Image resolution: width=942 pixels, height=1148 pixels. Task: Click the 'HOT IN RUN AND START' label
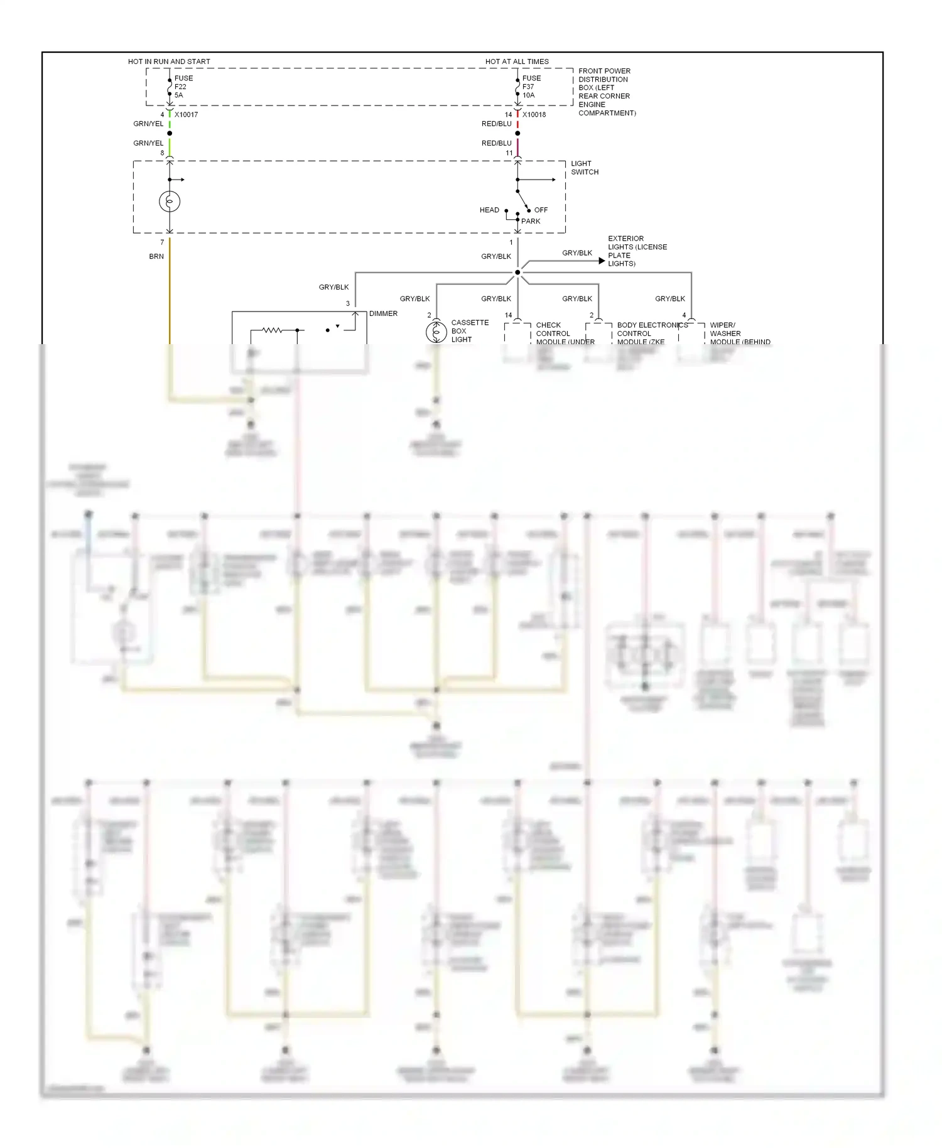coord(169,62)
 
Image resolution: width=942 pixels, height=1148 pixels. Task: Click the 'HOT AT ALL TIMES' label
coord(517,62)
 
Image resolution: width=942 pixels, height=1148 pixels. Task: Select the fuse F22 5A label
coord(183,87)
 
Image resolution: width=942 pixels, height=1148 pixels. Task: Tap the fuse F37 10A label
coord(531,87)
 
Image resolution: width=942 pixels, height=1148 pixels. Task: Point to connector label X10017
coord(186,115)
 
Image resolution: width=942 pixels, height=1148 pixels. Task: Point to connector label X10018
coord(534,115)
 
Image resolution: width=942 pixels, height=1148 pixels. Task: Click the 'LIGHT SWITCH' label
coord(584,168)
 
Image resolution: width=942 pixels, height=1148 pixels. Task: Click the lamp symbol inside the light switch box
coord(170,202)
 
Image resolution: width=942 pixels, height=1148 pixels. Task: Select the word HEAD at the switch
coord(489,210)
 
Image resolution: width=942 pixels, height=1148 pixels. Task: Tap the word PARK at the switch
coord(531,221)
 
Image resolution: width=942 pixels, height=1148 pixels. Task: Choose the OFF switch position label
coord(541,210)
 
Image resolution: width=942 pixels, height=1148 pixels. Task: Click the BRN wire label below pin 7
coord(156,256)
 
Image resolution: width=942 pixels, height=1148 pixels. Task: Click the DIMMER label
coord(383,313)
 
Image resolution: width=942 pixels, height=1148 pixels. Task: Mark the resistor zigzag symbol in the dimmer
coord(272,330)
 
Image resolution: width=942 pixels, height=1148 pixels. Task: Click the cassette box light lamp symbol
coord(436,332)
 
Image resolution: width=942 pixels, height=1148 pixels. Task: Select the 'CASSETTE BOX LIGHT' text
coord(469,331)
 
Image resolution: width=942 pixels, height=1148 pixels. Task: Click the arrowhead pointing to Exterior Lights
coord(602,261)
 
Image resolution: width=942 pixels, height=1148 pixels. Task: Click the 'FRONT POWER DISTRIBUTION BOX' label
coord(606,92)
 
